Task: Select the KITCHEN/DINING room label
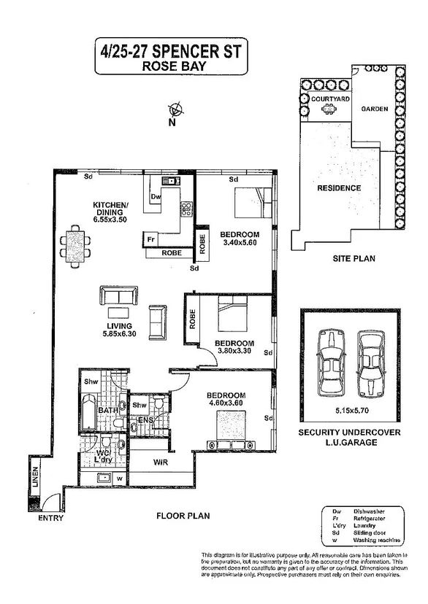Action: [110, 209]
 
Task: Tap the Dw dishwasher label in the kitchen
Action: [155, 196]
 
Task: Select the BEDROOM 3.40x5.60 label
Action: [240, 239]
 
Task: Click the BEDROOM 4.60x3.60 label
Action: [226, 400]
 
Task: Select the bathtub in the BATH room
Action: [90, 412]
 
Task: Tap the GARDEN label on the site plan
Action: [374, 109]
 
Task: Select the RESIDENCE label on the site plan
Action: [339, 187]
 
